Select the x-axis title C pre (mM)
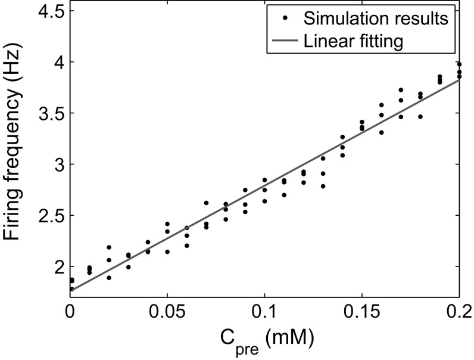pyautogui.click(x=264, y=342)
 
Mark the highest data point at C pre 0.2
pyautogui.click(x=459, y=64)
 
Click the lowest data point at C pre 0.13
pyautogui.click(x=323, y=186)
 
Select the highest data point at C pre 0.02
pyautogui.click(x=109, y=247)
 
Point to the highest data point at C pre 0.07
pyautogui.click(x=206, y=203)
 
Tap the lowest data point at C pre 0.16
pyautogui.click(x=381, y=132)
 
